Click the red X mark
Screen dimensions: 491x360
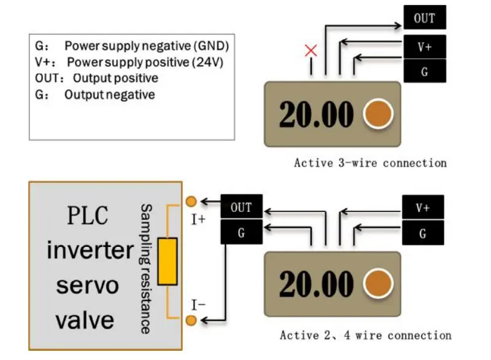click(311, 50)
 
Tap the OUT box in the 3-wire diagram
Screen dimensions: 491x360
click(425, 17)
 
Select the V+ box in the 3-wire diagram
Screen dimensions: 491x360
click(425, 47)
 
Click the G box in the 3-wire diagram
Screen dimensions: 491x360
click(425, 71)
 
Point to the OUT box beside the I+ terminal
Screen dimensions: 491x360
click(241, 206)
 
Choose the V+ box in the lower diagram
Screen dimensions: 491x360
click(423, 207)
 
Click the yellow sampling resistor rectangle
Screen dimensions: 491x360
click(168, 261)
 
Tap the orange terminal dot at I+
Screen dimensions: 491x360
click(191, 201)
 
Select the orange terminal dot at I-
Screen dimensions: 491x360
click(191, 320)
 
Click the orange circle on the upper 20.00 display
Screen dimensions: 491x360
click(378, 114)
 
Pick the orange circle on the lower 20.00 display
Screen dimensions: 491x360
click(378, 284)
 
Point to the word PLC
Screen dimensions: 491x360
click(88, 215)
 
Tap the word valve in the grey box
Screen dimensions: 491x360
click(85, 320)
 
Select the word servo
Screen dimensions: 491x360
click(88, 286)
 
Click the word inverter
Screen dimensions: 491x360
click(90, 249)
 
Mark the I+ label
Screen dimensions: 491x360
click(198, 220)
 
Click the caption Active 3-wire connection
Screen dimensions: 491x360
click(371, 163)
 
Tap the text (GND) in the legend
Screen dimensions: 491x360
click(211, 45)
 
